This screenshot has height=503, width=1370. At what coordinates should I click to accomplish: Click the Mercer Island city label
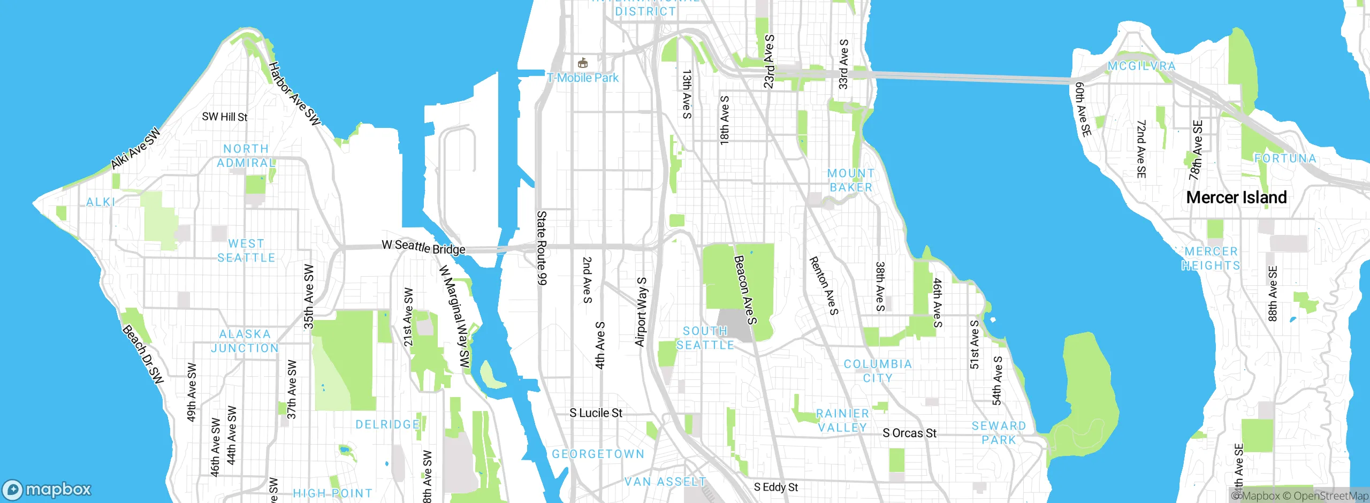(1236, 197)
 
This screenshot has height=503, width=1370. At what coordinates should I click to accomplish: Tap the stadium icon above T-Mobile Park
(583, 63)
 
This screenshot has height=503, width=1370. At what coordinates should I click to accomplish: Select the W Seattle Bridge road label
(423, 247)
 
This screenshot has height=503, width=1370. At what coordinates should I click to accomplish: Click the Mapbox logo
(47, 489)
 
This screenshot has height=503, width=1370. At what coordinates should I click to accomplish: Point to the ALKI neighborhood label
(101, 202)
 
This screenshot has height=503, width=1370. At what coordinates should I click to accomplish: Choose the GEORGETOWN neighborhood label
(598, 454)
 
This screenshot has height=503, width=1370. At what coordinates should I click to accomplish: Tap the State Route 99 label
(542, 247)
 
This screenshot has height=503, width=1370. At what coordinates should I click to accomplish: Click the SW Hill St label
(224, 117)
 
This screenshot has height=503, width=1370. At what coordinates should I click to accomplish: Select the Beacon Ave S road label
(745, 289)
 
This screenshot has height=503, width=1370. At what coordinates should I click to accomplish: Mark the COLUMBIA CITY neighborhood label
(878, 371)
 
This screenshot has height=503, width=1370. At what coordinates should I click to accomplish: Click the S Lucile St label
(596, 413)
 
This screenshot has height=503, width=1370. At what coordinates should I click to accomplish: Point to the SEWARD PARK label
(999, 433)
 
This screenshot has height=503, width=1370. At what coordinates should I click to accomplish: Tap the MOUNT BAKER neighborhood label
(850, 180)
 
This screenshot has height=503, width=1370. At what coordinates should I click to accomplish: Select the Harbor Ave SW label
(294, 94)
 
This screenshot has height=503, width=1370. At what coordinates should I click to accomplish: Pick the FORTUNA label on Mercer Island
(1285, 159)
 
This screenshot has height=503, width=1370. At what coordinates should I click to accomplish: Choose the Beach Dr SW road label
(142, 354)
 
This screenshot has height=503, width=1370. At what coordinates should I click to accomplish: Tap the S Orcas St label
(909, 433)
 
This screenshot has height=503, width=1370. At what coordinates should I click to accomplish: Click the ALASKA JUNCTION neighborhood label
(245, 341)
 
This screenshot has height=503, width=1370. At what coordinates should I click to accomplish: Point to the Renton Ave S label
(823, 285)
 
